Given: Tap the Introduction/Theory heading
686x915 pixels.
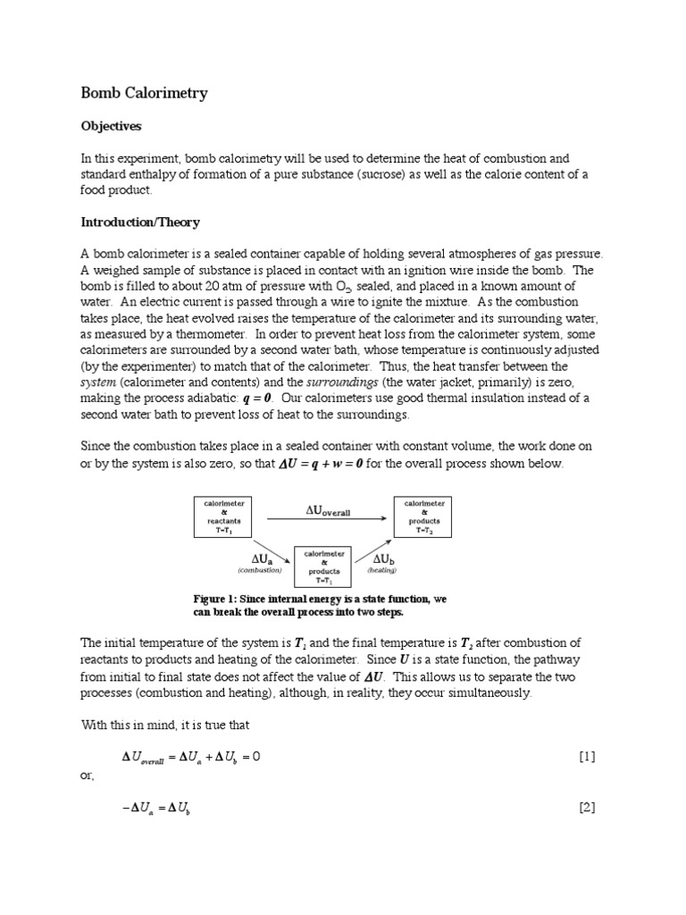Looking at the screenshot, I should point(140,221).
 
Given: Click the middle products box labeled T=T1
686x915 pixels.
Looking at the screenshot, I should point(324,567).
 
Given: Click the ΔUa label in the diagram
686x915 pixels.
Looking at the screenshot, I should point(260,559).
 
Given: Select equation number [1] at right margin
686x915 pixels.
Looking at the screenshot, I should point(586,757).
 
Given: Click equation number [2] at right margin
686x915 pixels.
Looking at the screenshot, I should point(586,808).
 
